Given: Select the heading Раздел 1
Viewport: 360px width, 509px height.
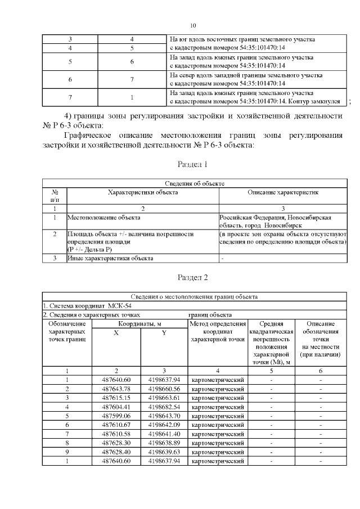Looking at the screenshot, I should coord(193,165).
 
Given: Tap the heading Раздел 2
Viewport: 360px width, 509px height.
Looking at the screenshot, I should coord(193,278).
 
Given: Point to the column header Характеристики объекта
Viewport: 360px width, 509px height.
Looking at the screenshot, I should coord(143,192).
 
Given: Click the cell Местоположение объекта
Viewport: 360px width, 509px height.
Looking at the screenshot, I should coord(104,217).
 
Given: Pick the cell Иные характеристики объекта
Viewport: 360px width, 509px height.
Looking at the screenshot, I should coord(110,258).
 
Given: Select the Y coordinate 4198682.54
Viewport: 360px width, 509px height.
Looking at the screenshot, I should coord(164,406).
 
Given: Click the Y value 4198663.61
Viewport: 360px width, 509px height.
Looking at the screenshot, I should coord(164,398).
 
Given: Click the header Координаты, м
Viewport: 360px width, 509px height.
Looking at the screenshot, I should coord(140,324).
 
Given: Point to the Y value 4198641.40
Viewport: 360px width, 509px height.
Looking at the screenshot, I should coord(164,433).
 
